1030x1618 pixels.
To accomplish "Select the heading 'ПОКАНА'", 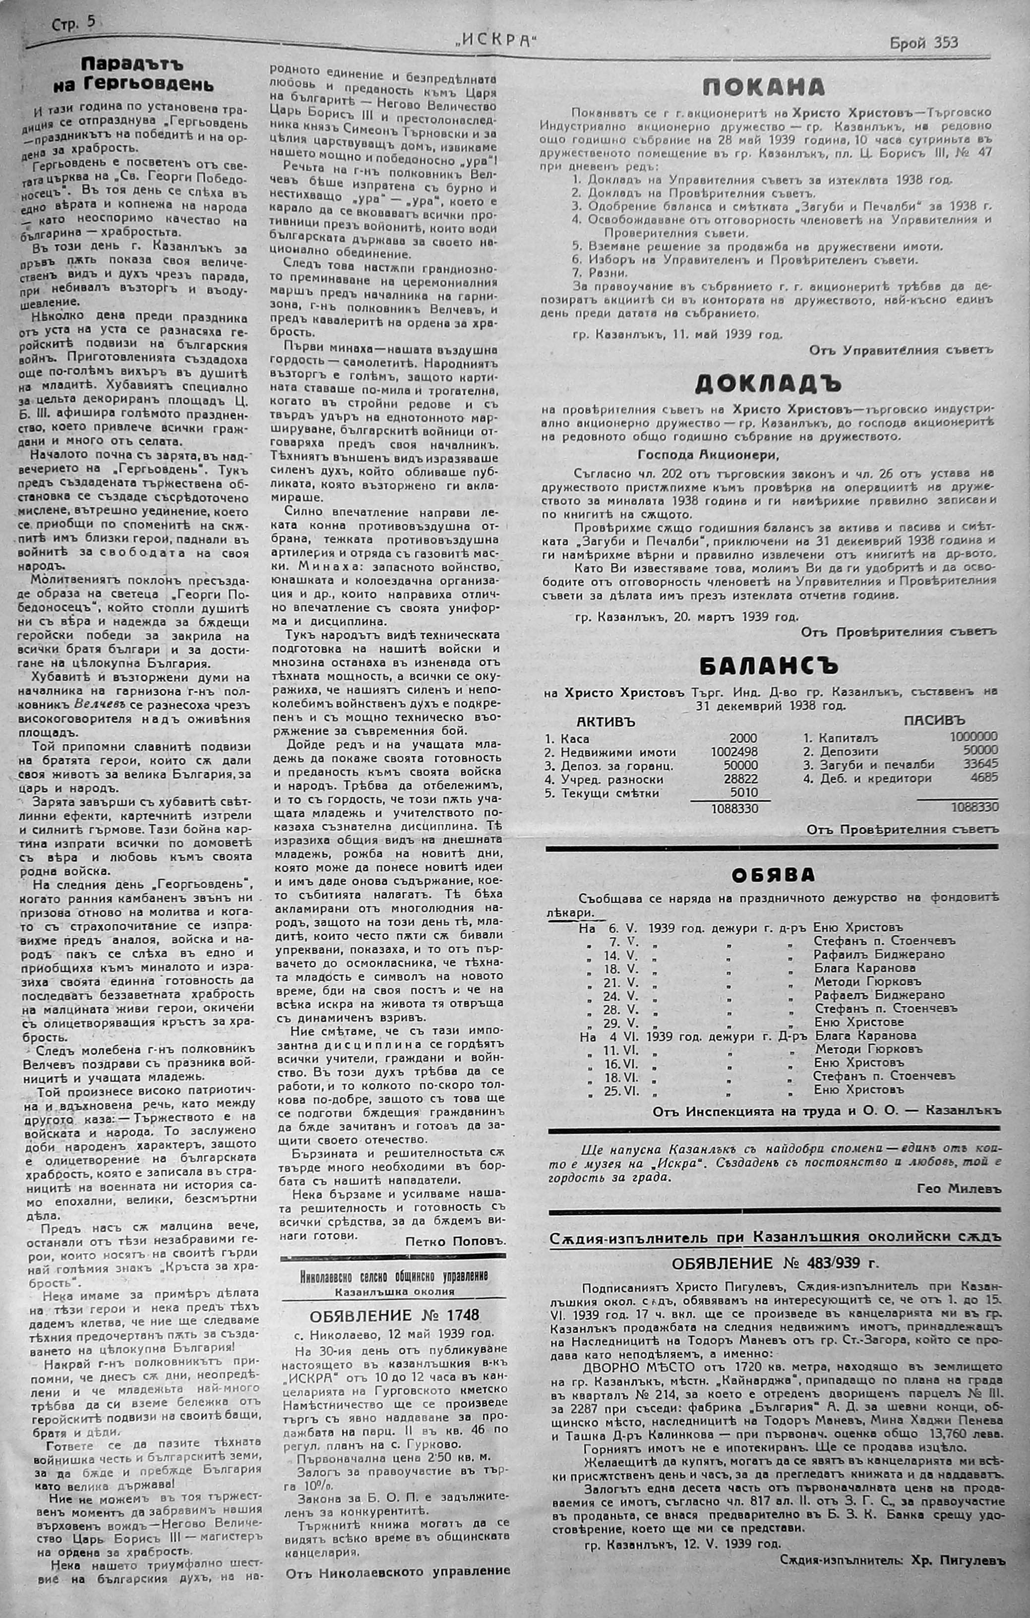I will [x=764, y=87].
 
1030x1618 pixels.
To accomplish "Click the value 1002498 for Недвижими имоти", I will [x=734, y=752].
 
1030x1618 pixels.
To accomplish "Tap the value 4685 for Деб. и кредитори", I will [x=984, y=778].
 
